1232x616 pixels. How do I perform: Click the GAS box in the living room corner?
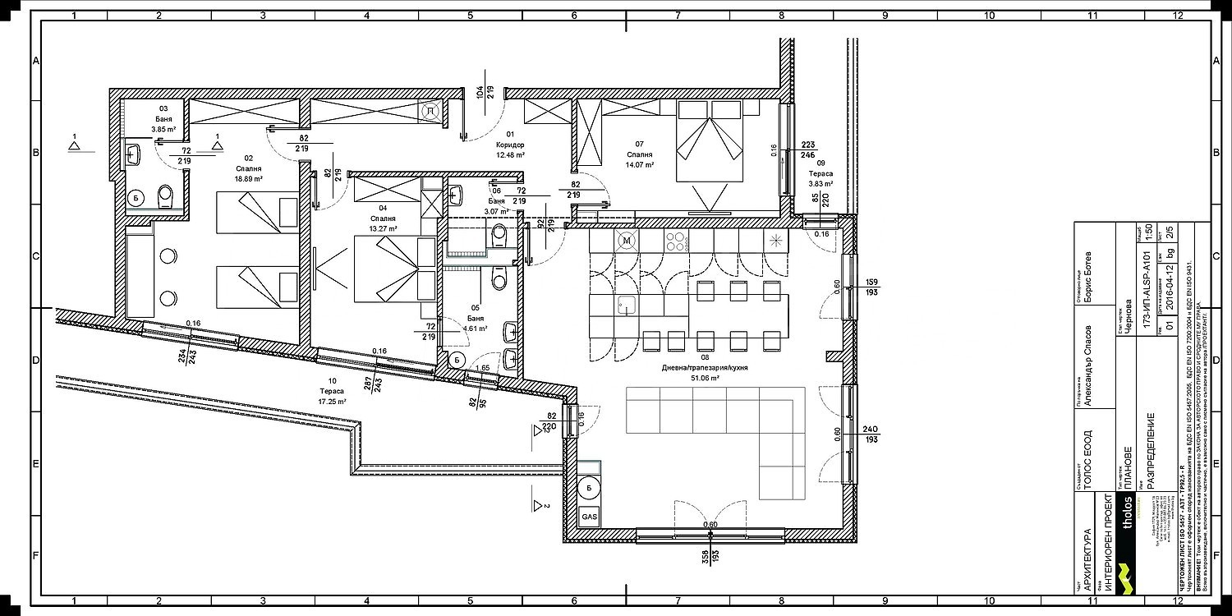click(x=589, y=518)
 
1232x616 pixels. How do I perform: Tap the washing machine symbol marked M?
click(x=627, y=241)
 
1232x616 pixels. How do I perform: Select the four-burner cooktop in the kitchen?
click(x=675, y=241)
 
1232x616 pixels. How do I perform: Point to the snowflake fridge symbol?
click(x=775, y=241)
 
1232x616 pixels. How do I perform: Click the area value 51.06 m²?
click(x=705, y=379)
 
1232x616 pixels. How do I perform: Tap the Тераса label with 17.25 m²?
click(x=331, y=392)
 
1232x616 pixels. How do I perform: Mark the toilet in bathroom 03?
click(x=166, y=195)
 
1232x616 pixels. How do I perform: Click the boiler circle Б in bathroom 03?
click(x=136, y=197)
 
